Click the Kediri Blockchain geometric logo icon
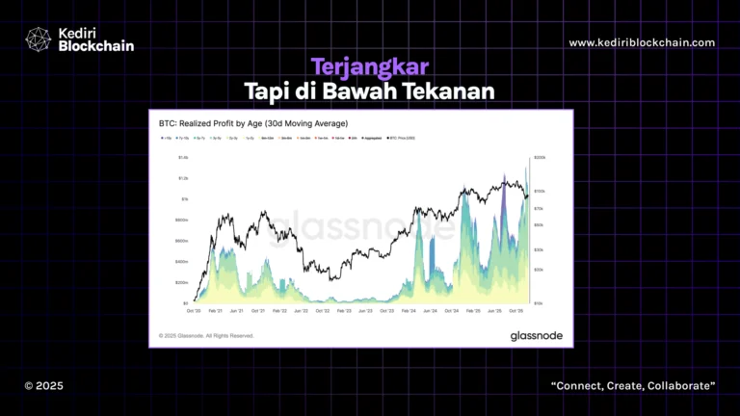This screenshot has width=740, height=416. [39, 39]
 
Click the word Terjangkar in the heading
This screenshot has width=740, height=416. [369, 66]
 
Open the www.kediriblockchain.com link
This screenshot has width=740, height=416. [642, 42]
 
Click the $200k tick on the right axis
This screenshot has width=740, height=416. [540, 156]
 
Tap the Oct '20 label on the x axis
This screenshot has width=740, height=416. [194, 311]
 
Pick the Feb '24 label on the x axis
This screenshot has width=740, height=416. [408, 311]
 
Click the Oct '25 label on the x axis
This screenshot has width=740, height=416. [515, 311]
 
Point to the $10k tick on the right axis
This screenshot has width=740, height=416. [539, 302]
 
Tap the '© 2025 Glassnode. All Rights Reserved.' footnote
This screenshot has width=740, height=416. [206, 335]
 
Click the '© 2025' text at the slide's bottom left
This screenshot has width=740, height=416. [43, 385]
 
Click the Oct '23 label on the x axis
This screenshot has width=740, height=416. [386, 311]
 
